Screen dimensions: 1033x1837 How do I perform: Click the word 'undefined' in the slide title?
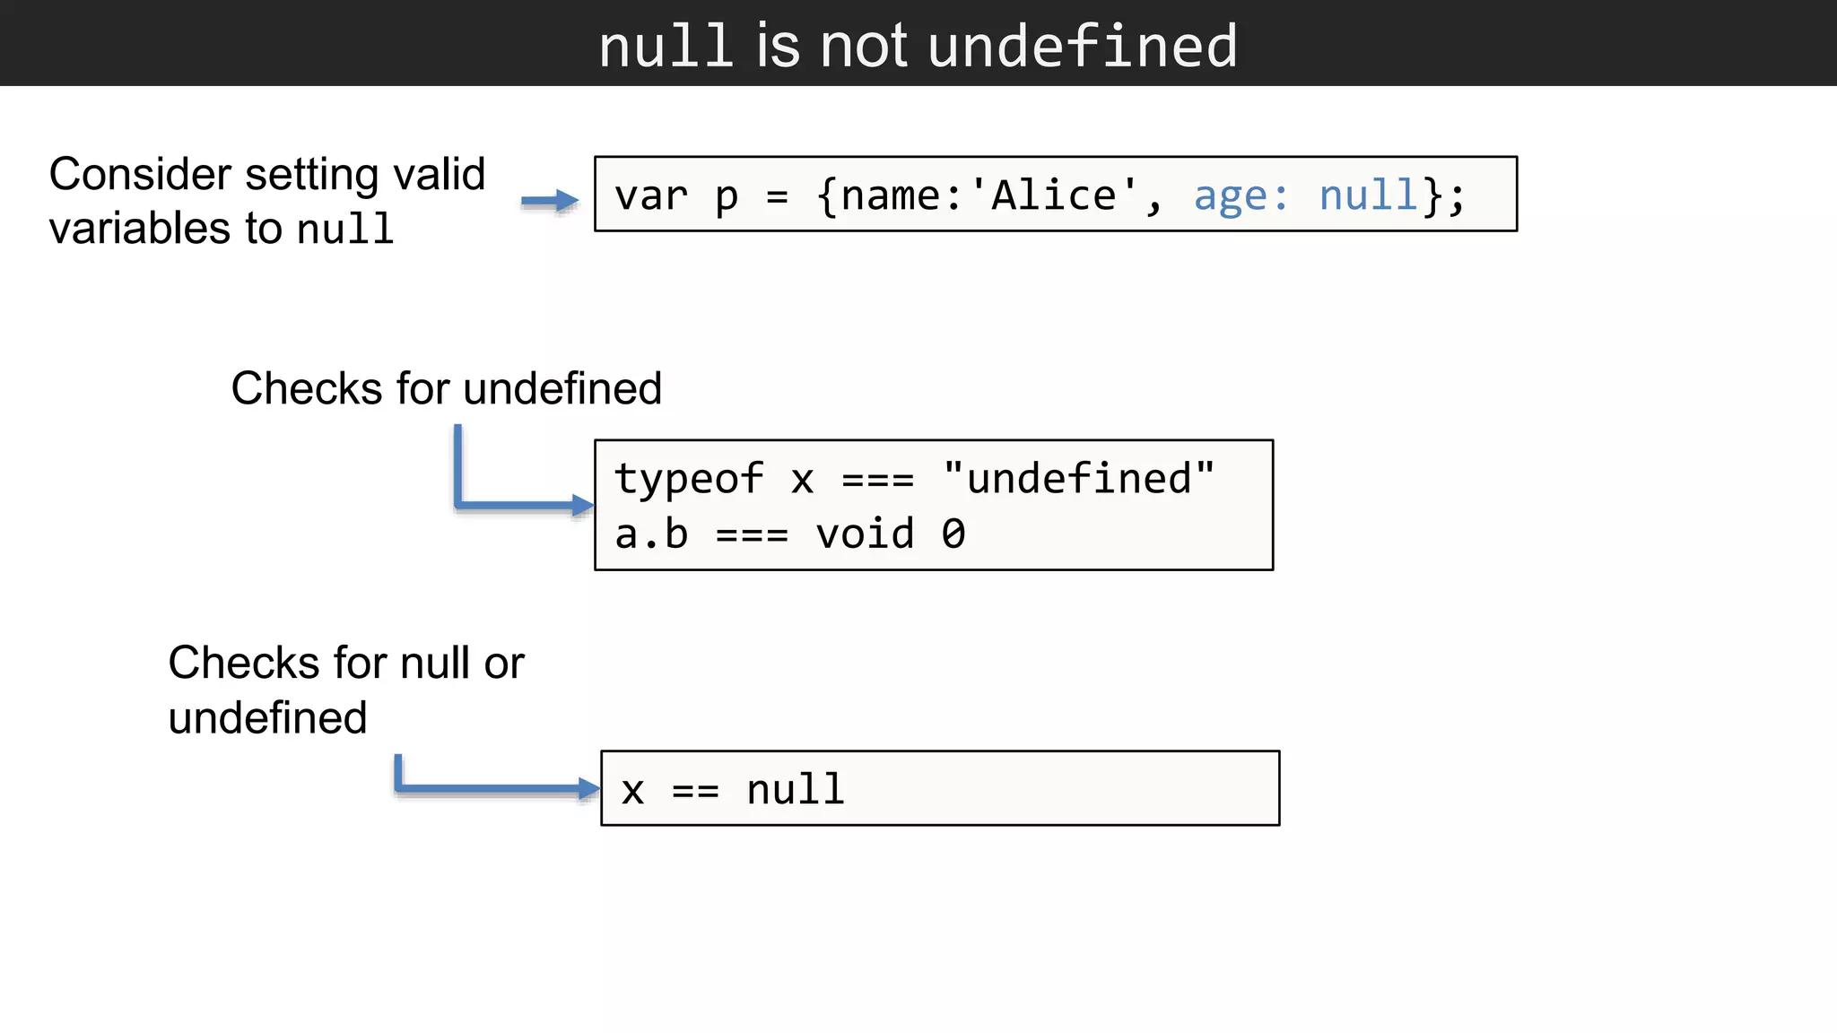pos(1083,46)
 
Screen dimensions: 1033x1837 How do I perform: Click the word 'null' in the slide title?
pos(665,46)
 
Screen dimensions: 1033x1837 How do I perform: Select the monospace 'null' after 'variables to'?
pos(345,230)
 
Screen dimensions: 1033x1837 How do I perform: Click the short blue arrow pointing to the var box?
pos(550,201)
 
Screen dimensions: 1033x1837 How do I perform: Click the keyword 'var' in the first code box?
pos(650,195)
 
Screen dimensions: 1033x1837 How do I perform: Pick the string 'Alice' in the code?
pos(1054,195)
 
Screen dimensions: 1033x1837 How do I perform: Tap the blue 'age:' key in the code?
pos(1241,195)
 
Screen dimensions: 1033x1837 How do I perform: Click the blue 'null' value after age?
pos(1367,195)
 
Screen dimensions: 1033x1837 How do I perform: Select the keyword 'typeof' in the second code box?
pos(688,479)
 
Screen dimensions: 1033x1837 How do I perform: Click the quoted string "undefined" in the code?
pos(1079,479)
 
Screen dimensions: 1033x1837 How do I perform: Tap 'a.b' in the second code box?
pos(651,534)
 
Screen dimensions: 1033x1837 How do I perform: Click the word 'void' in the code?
pos(864,534)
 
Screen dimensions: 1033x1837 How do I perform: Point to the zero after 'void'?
pos(953,534)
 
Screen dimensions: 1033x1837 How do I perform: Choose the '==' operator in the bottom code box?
pos(695,791)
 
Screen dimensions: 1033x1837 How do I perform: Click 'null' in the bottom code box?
pos(796,790)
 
